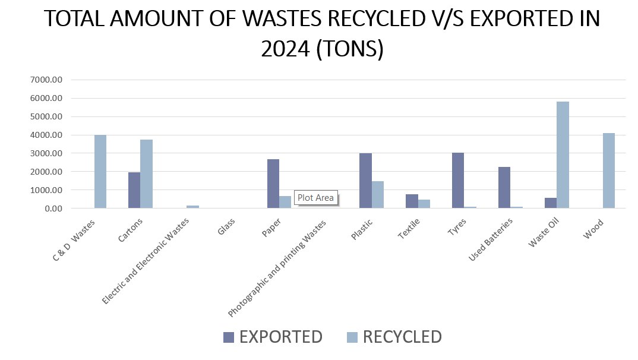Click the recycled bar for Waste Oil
coord(563,154)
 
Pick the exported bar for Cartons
coord(134,190)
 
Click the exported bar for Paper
coord(273,184)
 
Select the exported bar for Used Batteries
coord(504,187)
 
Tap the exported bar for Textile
coord(412,201)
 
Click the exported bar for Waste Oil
coord(551,203)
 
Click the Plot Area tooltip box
coord(316,198)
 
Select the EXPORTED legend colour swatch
coord(229,337)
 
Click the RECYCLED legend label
coord(402,337)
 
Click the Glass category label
coord(226,223)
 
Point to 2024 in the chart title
coord(287,49)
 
